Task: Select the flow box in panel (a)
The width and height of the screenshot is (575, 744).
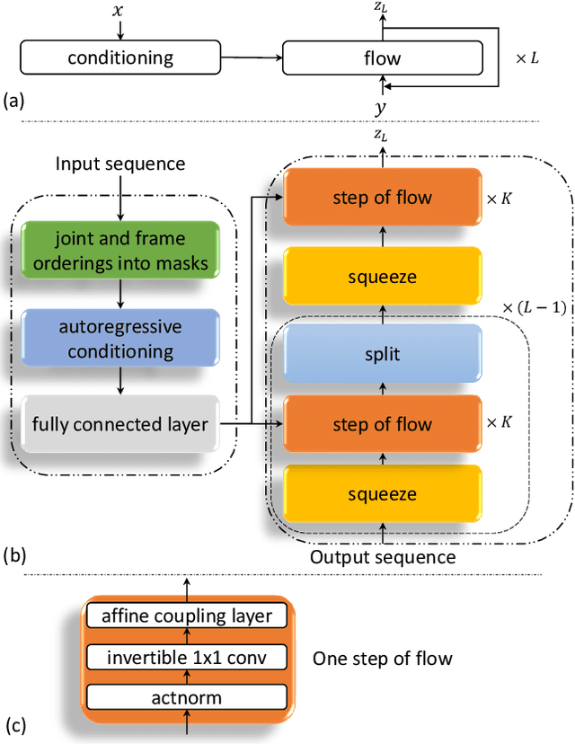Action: [382, 58]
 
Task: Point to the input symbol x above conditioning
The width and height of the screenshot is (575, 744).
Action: [119, 12]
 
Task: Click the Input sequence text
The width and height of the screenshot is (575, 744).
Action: [120, 164]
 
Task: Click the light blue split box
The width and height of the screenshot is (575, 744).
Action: [383, 353]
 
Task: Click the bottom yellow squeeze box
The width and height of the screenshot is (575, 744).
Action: [383, 494]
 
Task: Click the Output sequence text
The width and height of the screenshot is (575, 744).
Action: [383, 557]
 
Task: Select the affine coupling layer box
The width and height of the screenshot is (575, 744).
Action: [187, 616]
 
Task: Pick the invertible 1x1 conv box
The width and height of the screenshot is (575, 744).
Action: [187, 657]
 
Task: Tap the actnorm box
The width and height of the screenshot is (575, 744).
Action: [187, 696]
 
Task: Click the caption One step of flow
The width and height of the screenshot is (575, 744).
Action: [382, 659]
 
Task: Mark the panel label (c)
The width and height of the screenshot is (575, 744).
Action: [15, 723]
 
